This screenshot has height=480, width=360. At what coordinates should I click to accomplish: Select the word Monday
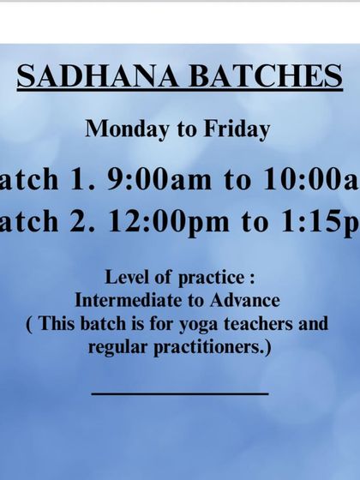point(120,129)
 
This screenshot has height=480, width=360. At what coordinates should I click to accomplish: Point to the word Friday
point(237,129)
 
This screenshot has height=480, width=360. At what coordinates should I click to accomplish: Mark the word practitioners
point(211,348)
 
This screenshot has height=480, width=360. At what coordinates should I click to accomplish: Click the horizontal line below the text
point(180,393)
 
